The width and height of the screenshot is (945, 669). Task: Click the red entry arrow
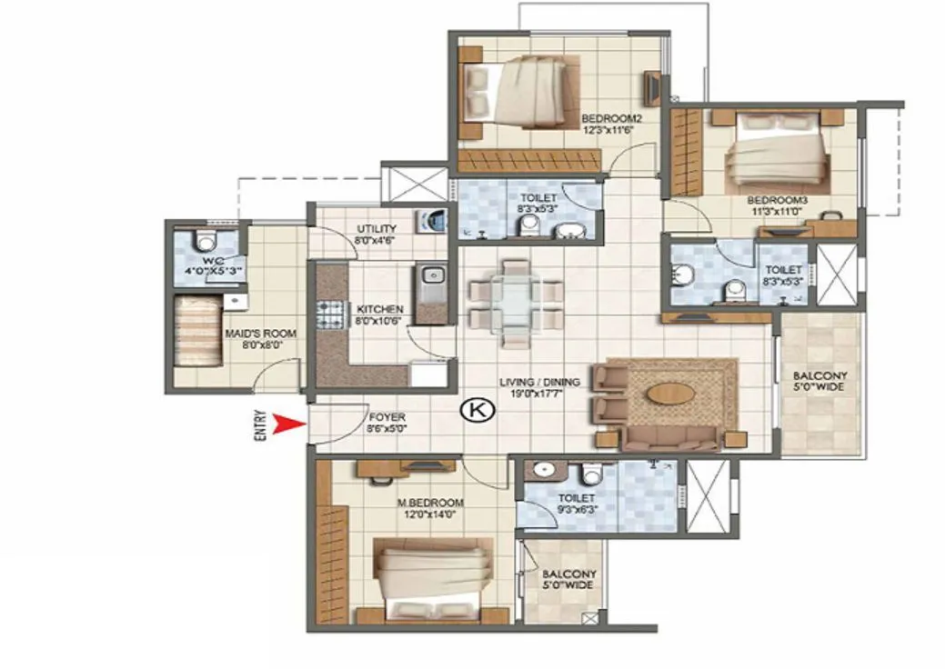[x=288, y=424]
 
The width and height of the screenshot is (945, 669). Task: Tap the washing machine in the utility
[x=433, y=223]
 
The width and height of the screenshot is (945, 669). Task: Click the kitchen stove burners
[x=328, y=315]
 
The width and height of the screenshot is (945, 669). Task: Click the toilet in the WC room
[x=206, y=242]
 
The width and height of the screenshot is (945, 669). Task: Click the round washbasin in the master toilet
[x=544, y=471]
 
